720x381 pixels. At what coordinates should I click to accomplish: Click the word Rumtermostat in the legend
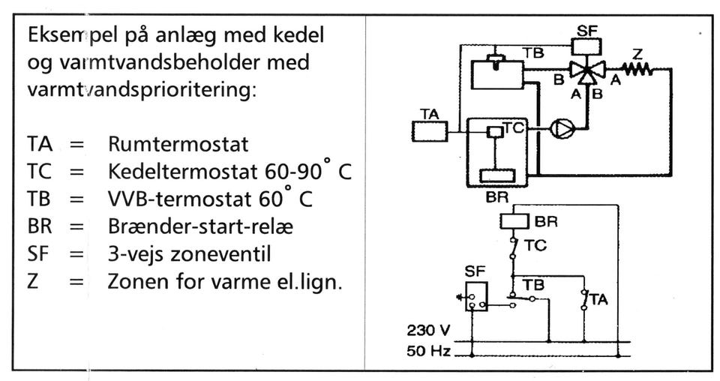[x=178, y=143]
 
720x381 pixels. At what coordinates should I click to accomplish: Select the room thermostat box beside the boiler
[x=430, y=132]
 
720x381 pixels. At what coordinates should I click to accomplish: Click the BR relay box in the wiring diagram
[x=516, y=222]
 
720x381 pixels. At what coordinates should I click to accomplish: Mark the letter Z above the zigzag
[x=637, y=53]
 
